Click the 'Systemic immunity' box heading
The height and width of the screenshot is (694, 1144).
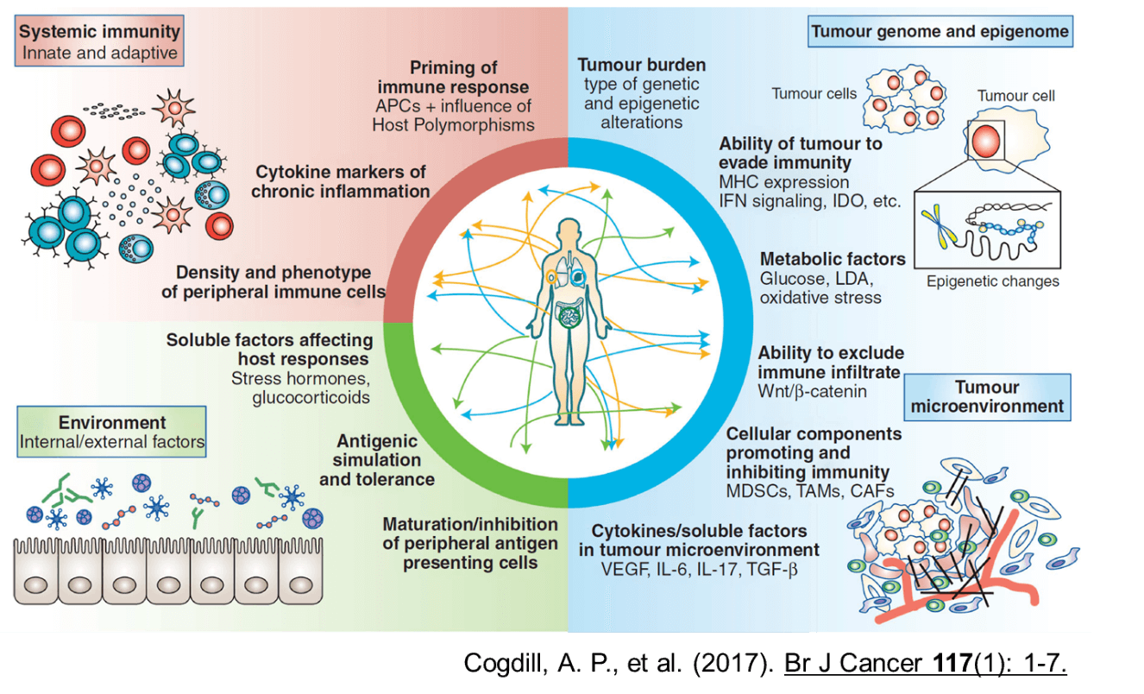click(99, 33)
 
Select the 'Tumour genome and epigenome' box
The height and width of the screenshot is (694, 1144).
click(940, 33)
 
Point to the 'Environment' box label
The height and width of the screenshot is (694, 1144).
click(111, 423)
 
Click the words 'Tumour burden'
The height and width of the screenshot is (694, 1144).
click(641, 65)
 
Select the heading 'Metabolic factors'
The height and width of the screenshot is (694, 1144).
click(832, 259)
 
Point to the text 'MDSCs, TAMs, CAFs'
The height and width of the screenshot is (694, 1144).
click(809, 491)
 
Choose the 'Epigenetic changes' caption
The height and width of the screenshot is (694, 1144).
click(992, 281)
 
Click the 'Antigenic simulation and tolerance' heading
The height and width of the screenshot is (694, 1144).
click(376, 460)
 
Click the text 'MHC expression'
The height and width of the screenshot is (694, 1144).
click(783, 182)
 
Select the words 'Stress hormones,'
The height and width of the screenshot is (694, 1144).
click(302, 378)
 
